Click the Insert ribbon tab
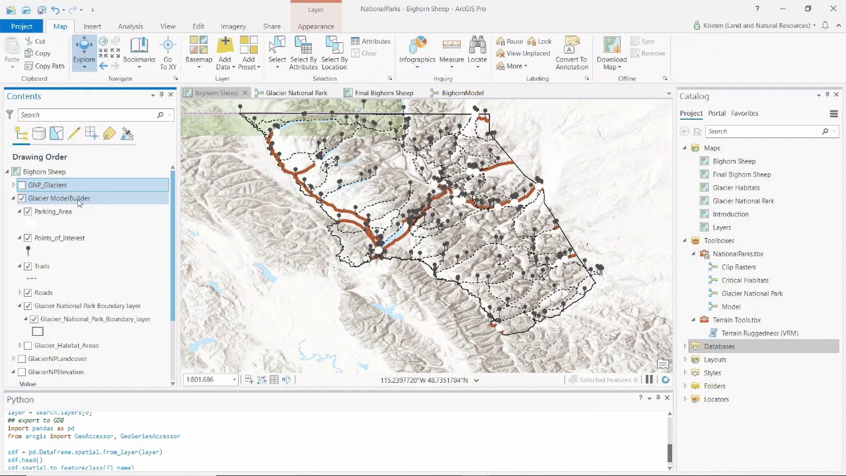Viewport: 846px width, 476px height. pyautogui.click(x=92, y=26)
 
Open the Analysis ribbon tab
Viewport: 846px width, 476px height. pyautogui.click(x=130, y=26)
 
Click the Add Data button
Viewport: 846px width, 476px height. pyautogui.click(x=225, y=53)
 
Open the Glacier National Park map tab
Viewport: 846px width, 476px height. pyautogui.click(x=296, y=93)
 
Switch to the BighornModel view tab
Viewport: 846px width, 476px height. pyautogui.click(x=462, y=93)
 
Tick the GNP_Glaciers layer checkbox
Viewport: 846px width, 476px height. pyautogui.click(x=22, y=185)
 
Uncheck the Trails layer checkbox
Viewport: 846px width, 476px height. pyautogui.click(x=28, y=266)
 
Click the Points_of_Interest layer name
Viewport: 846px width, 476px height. pyautogui.click(x=59, y=238)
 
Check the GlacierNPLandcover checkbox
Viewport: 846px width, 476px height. pyautogui.click(x=22, y=359)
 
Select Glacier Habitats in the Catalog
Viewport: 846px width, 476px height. pyautogui.click(x=736, y=188)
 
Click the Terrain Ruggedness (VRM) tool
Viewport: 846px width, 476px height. pyautogui.click(x=759, y=333)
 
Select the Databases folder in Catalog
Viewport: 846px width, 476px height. pyautogui.click(x=718, y=346)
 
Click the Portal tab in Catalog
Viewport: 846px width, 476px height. pyautogui.click(x=716, y=114)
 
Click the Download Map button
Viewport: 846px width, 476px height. pyautogui.click(x=611, y=53)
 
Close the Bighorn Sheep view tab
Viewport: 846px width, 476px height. pyautogui.click(x=245, y=93)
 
